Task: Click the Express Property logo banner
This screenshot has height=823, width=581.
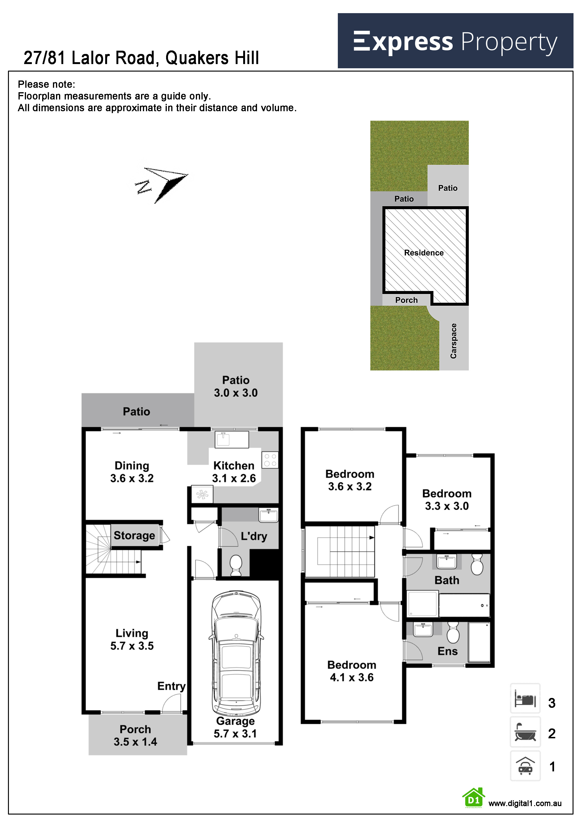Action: [x=455, y=41]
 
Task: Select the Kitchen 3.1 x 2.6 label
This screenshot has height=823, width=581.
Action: [x=234, y=472]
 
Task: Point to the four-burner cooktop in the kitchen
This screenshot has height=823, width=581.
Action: [x=270, y=460]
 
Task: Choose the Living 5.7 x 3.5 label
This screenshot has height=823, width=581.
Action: [x=132, y=640]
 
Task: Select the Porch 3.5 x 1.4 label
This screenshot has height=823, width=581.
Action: [x=135, y=735]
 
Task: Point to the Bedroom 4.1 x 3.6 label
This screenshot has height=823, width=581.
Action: [x=352, y=671]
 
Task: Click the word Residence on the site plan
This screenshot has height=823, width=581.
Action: [x=424, y=253]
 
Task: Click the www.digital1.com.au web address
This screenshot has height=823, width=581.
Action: [x=525, y=804]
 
